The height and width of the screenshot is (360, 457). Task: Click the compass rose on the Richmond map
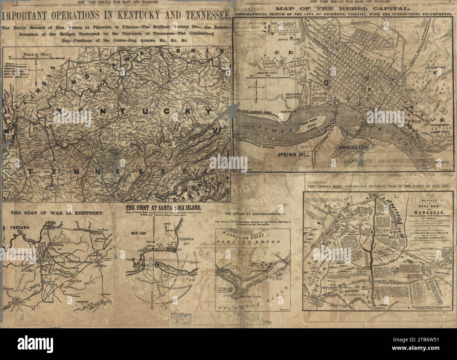(258, 87)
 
